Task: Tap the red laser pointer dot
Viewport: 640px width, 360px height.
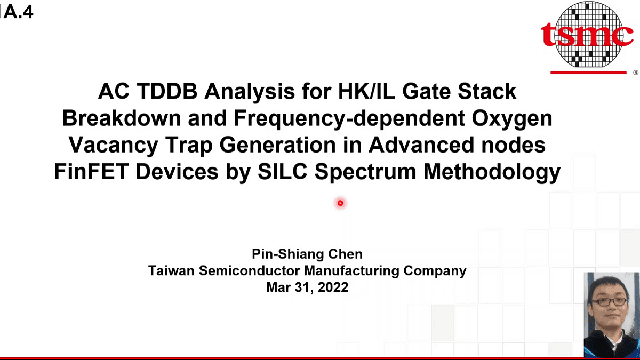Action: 340,203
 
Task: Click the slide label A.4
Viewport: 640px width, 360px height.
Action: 18,12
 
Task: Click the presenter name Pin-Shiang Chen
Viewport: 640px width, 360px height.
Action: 307,254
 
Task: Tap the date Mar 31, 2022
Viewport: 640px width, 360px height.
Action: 307,287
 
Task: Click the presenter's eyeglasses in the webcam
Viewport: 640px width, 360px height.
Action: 611,301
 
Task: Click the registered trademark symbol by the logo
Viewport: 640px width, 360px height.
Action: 635,72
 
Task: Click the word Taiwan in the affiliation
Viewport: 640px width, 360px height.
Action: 171,270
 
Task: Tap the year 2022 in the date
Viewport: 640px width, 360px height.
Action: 332,287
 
